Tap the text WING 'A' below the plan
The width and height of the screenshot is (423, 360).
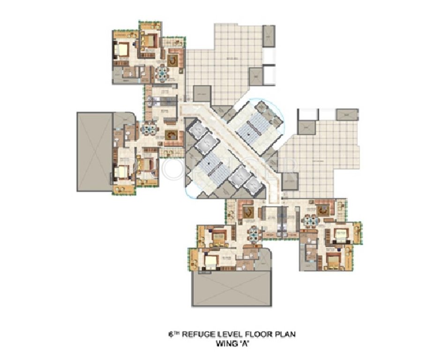[x=232, y=343]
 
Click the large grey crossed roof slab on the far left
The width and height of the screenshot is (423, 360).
[x=95, y=151]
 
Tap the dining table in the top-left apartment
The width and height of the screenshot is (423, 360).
[x=162, y=73]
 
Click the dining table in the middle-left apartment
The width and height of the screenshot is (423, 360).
[x=149, y=128]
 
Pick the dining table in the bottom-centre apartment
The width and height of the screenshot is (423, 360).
[x=253, y=233]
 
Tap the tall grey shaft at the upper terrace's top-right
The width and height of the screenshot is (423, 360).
[x=269, y=36]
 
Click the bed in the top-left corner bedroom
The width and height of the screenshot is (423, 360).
[x=123, y=49]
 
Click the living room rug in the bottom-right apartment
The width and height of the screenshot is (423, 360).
[x=323, y=210]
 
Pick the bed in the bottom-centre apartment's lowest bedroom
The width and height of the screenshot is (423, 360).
[x=210, y=261]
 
